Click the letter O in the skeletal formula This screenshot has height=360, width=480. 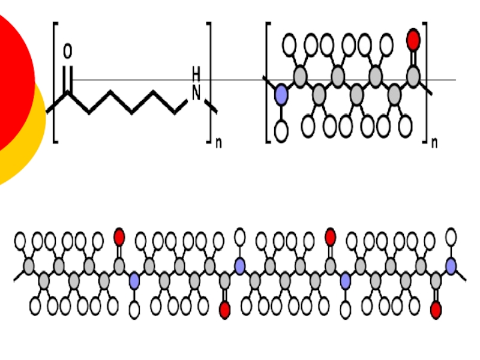[x=67, y=53]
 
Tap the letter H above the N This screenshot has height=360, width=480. [x=196, y=74]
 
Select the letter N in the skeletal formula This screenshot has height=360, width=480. [x=196, y=93]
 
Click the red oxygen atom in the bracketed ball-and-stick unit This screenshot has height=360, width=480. [x=413, y=40]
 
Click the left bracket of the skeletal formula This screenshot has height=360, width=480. [x=55, y=82]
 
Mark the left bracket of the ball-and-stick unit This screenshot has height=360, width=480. [x=268, y=82]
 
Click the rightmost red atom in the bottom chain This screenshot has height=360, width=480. [x=436, y=310]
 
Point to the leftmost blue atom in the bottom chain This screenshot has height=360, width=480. [x=134, y=280]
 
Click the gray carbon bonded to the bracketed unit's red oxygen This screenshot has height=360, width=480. [x=413, y=76]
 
